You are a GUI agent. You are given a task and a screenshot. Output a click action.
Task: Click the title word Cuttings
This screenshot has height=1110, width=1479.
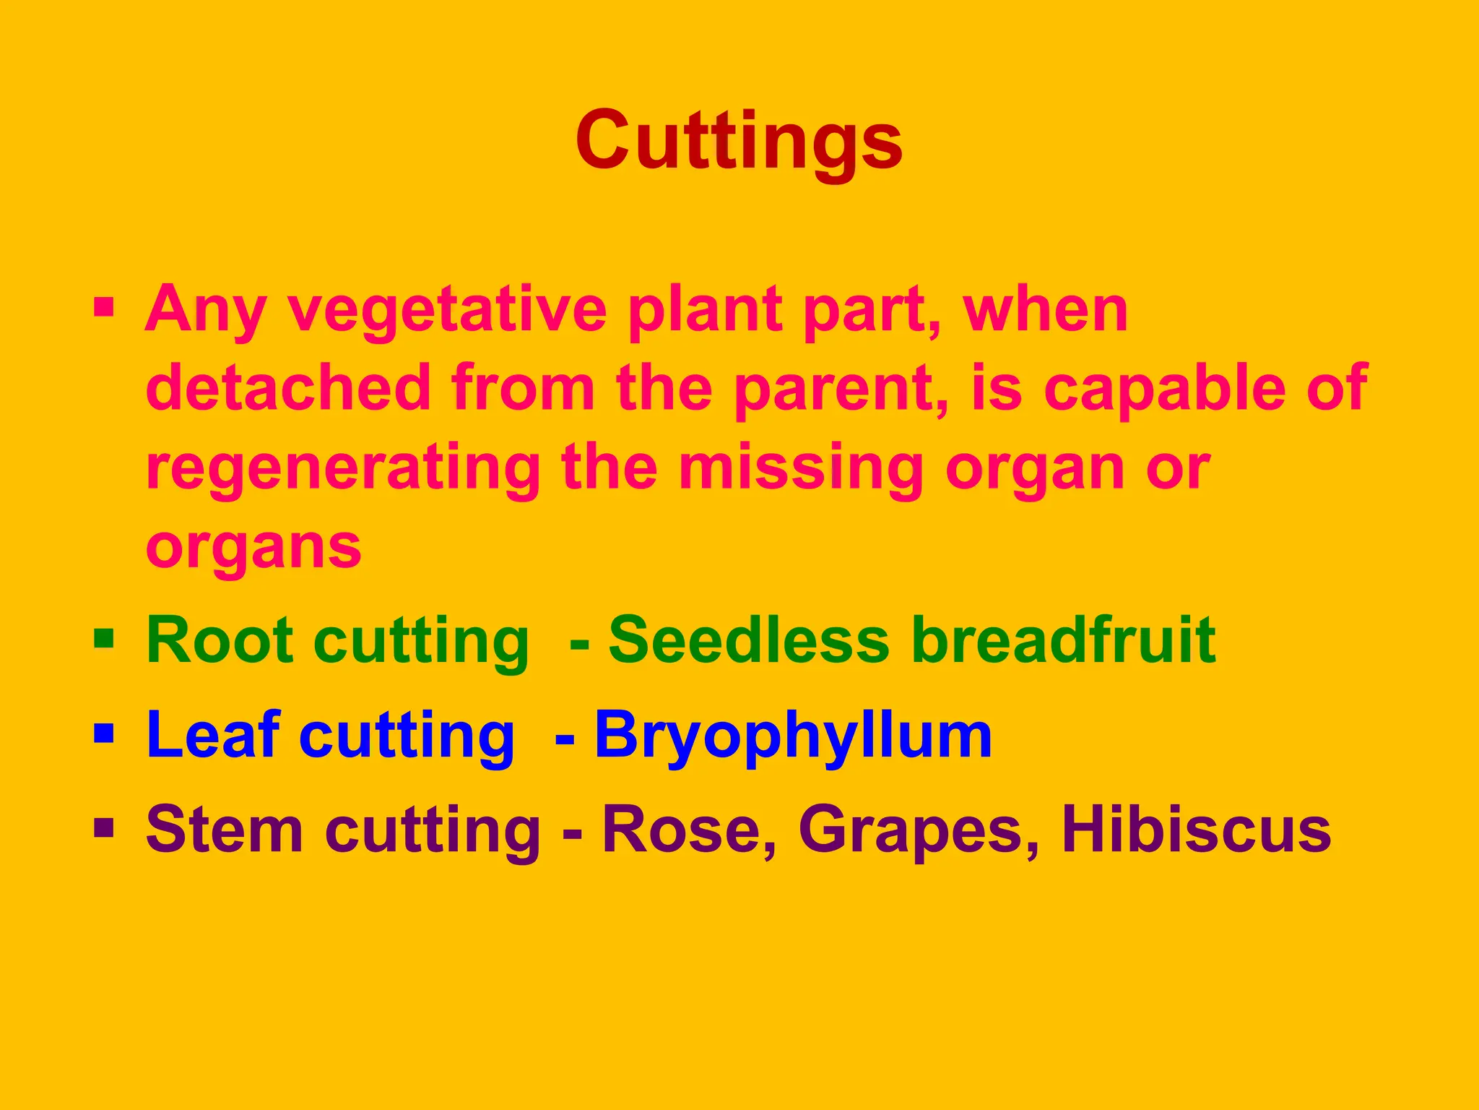coord(739,140)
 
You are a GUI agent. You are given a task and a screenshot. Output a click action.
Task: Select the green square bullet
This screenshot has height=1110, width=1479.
coord(104,638)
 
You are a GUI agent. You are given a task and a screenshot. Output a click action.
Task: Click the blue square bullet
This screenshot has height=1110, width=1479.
coord(104,733)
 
